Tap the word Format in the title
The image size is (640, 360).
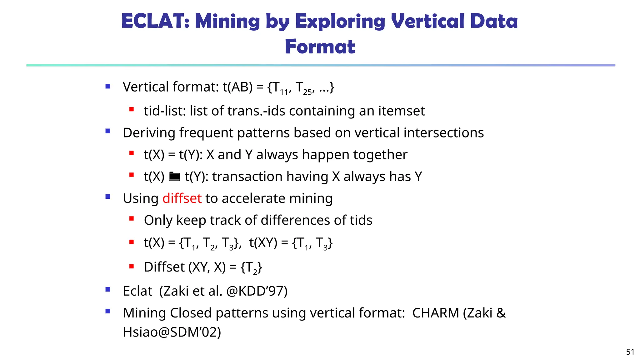(x=320, y=47)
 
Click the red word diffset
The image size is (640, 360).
(x=182, y=198)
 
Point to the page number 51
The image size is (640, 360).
(x=630, y=352)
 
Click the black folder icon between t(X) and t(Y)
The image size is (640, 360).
(x=174, y=177)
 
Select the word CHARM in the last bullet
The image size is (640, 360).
(x=436, y=313)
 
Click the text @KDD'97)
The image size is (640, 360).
(x=257, y=291)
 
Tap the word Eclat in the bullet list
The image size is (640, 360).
(x=137, y=291)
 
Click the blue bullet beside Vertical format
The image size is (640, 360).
(x=108, y=87)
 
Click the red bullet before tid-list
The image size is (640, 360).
(x=132, y=110)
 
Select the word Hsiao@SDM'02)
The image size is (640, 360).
(x=172, y=332)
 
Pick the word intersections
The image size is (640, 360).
(x=444, y=133)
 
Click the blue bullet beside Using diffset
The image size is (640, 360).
(x=108, y=197)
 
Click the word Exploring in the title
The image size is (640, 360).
(x=340, y=21)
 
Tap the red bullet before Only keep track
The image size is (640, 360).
(x=132, y=219)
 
